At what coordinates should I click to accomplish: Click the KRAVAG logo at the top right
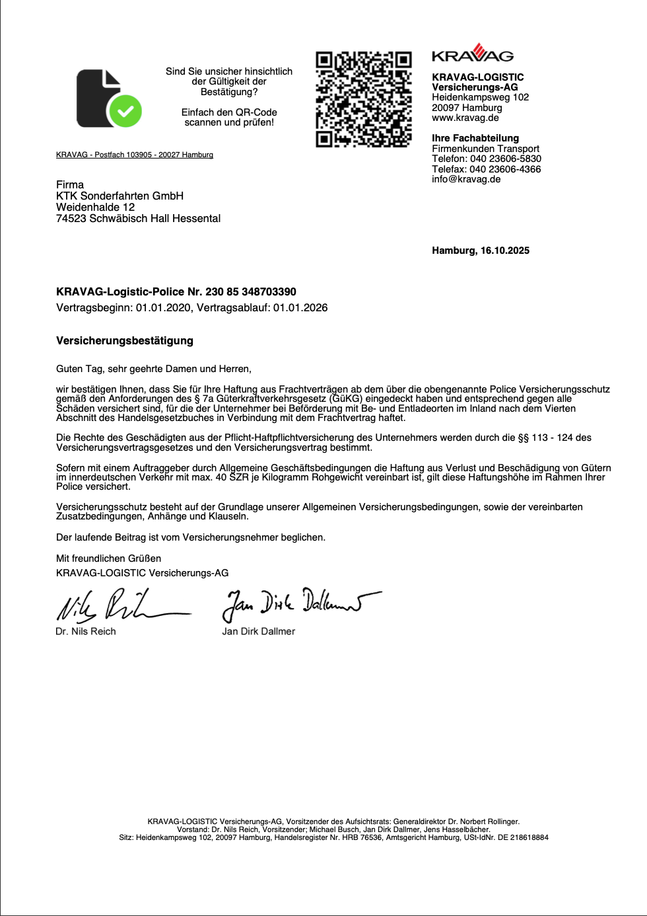pos(472,54)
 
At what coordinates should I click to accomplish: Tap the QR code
pos(363,99)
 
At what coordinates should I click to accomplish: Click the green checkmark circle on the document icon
pos(125,111)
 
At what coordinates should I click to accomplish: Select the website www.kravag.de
pos(465,118)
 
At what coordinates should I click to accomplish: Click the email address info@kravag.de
pos(466,179)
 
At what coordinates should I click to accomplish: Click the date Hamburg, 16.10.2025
pos(480,250)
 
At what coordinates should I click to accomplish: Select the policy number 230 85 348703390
pos(250,291)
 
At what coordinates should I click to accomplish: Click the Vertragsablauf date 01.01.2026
pos(300,307)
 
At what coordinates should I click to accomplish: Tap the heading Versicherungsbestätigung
pos(125,340)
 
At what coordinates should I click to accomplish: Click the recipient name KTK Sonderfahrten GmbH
pos(119,196)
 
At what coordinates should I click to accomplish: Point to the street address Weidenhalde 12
pos(95,207)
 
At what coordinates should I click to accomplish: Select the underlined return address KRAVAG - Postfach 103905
pos(135,155)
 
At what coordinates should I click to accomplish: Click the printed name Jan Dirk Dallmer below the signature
pos(258,631)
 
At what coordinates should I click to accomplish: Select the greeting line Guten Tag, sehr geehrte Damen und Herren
pos(153,369)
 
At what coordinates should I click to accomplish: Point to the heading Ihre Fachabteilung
pos(475,138)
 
